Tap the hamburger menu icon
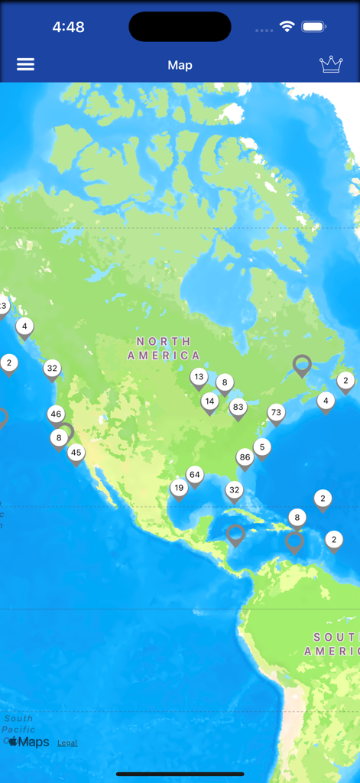[26, 64]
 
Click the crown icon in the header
[331, 64]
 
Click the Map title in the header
[180, 65]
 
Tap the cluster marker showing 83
[238, 408]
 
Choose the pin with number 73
[276, 414]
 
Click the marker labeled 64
[195, 476]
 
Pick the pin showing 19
[179, 489]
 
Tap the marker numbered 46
[56, 415]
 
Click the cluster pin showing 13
[199, 377]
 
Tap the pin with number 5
[262, 448]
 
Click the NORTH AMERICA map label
[164, 348]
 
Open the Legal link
[67, 742]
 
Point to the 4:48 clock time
[68, 27]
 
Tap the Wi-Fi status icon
[287, 27]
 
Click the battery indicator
[314, 27]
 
